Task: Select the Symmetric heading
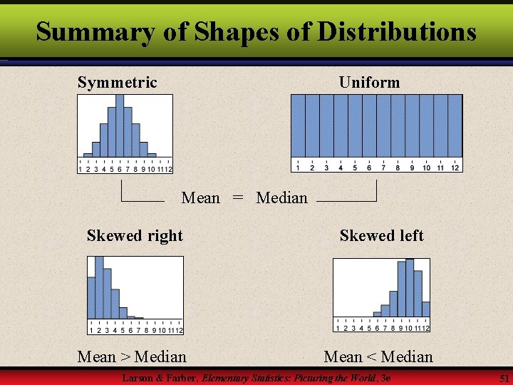tap(117, 83)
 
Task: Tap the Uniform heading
tap(369, 83)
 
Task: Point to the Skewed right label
tap(135, 236)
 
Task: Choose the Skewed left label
tap(381, 236)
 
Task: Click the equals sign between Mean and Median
tap(238, 198)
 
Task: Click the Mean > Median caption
tap(132, 356)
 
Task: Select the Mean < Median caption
tap(378, 356)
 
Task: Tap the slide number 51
tap(504, 377)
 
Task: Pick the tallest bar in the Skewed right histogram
tap(99, 289)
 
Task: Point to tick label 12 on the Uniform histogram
tap(455, 168)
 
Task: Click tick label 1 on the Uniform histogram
tap(298, 168)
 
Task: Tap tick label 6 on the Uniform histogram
tap(369, 168)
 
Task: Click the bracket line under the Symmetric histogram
tap(142, 201)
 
